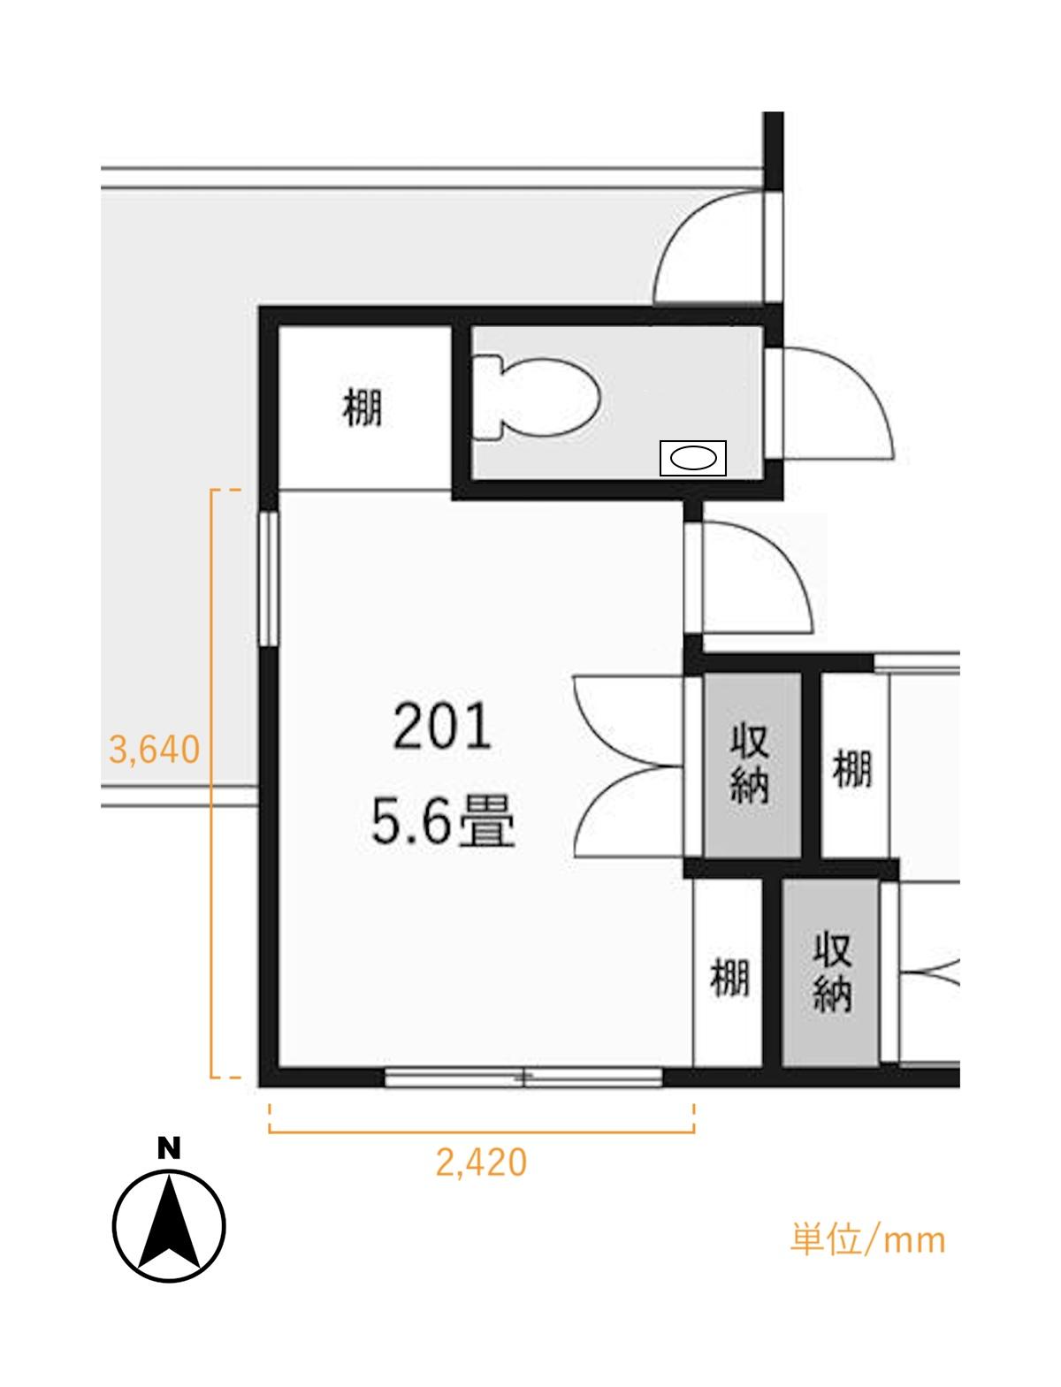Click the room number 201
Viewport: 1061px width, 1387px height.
[x=442, y=728]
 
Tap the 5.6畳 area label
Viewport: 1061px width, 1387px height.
[x=443, y=822]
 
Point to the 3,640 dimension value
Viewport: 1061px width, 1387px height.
[x=154, y=750]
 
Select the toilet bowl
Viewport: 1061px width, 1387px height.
[x=535, y=398]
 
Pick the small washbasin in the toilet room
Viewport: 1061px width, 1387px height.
[x=693, y=458]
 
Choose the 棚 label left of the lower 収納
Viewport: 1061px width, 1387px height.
[x=729, y=979]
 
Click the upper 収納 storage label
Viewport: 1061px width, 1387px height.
[x=750, y=765]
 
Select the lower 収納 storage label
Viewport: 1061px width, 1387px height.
[x=832, y=973]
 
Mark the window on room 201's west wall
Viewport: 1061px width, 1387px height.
[x=269, y=578]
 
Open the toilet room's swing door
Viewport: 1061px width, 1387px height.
[x=828, y=402]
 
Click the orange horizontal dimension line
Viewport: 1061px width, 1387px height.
[x=482, y=1132]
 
